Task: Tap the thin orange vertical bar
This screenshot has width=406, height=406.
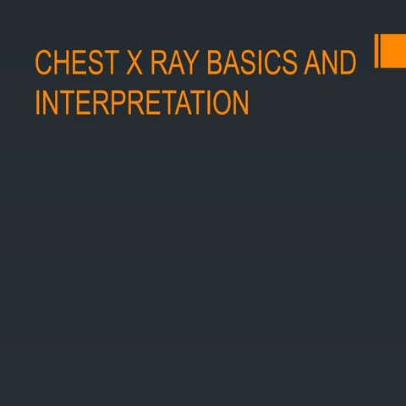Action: (376, 50)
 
